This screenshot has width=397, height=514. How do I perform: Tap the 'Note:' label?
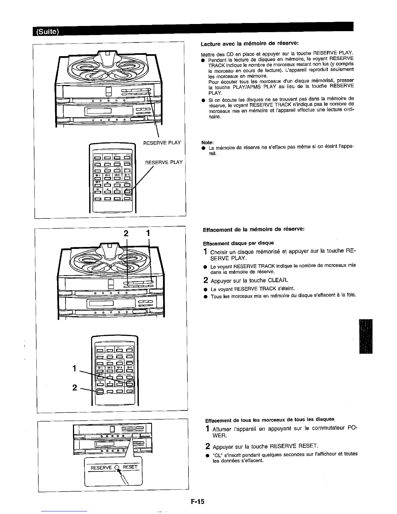click(x=207, y=142)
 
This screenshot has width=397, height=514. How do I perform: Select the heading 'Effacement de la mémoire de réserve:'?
click(x=253, y=229)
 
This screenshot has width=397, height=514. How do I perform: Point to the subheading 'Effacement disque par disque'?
click(x=238, y=243)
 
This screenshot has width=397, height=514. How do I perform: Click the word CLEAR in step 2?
click(x=278, y=280)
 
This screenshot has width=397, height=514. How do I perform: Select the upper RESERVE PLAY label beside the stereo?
click(x=162, y=143)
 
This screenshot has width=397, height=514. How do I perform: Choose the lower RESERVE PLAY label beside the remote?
click(x=164, y=162)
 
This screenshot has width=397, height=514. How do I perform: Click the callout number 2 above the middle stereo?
click(x=127, y=233)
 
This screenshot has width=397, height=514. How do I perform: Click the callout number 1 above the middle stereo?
click(x=148, y=233)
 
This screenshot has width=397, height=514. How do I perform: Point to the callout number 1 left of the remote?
click(x=75, y=368)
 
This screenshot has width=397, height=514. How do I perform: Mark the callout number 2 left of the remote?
click(x=75, y=387)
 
